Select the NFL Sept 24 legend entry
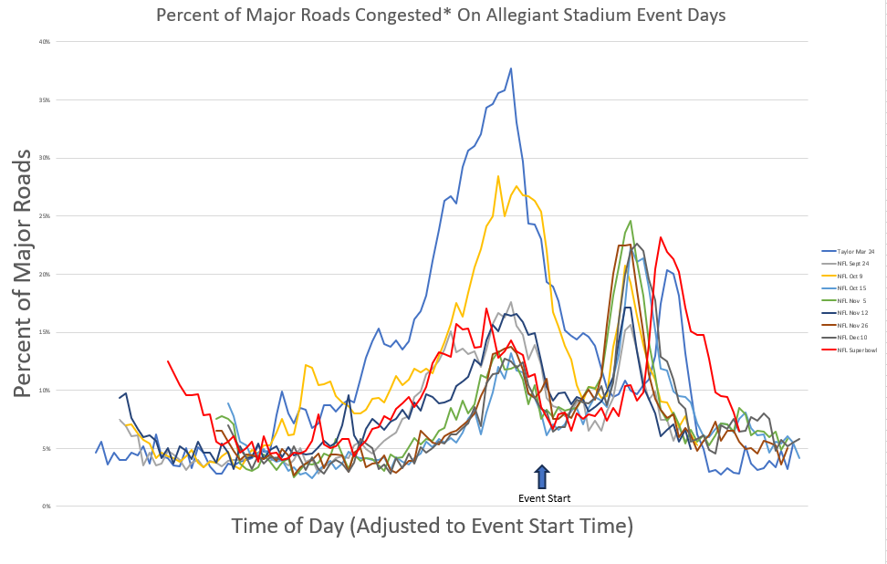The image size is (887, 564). (x=850, y=263)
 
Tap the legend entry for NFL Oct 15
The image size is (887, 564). (x=849, y=287)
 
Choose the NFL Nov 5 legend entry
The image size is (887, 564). (x=849, y=299)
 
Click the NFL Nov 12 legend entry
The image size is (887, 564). (x=849, y=312)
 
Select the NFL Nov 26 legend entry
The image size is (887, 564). (x=849, y=325)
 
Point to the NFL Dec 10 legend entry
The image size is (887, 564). (x=849, y=337)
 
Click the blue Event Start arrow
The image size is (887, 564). (x=542, y=476)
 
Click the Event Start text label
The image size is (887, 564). (x=544, y=498)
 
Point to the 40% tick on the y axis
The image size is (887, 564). (x=44, y=42)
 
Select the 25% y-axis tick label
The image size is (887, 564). (x=44, y=216)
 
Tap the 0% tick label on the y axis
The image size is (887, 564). (x=46, y=507)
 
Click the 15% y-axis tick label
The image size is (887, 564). (x=44, y=332)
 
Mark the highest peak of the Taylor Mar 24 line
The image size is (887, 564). (x=511, y=68)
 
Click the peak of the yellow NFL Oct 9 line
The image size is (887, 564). (x=498, y=176)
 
